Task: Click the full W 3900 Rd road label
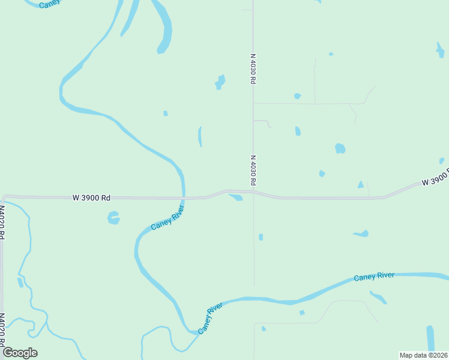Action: [x=92, y=197]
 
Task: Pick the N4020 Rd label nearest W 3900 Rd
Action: [x=2, y=223]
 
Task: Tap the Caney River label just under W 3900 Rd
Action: [x=167, y=218]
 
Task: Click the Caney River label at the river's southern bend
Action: [x=211, y=317]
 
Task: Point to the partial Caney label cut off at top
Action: [x=49, y=4]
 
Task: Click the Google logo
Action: [x=20, y=353]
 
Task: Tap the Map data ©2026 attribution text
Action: [x=423, y=355]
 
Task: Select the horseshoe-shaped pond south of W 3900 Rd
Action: [x=113, y=217]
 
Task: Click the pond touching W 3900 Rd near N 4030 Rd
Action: [x=236, y=197]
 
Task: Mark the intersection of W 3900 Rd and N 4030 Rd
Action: [x=253, y=193]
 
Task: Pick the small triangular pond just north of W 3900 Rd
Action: [x=361, y=185]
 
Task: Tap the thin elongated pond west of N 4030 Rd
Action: [x=200, y=136]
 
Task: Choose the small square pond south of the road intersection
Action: [x=261, y=237]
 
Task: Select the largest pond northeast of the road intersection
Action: [x=340, y=148]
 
